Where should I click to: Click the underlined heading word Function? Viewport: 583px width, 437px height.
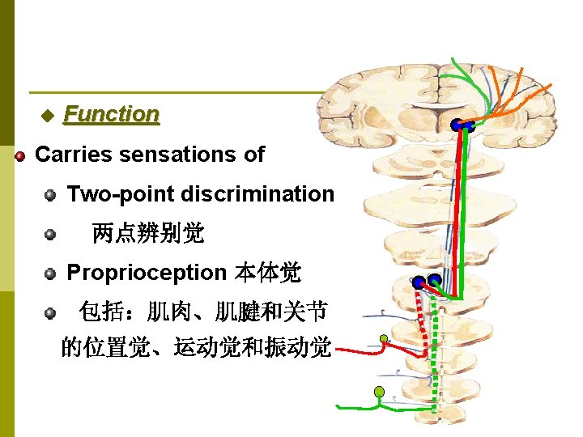pos(111,114)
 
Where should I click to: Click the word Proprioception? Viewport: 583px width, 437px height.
pos(147,273)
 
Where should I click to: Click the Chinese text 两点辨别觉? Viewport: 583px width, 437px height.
pos(148,234)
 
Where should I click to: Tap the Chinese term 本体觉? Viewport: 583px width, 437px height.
pos(268,273)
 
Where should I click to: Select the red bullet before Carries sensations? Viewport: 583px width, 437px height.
pos(20,155)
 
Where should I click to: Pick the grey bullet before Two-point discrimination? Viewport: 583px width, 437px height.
pos(50,194)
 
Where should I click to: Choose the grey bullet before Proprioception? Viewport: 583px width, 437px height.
pos(50,274)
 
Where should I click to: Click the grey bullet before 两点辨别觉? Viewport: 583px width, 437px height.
pos(50,235)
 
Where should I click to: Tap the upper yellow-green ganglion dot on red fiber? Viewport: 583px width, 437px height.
pos(383,339)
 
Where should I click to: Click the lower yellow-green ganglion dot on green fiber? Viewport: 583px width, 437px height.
pos(378,392)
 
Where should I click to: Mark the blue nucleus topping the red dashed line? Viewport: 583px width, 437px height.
pos(418,283)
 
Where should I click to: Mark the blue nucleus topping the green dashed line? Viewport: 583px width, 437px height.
pos(434,281)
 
